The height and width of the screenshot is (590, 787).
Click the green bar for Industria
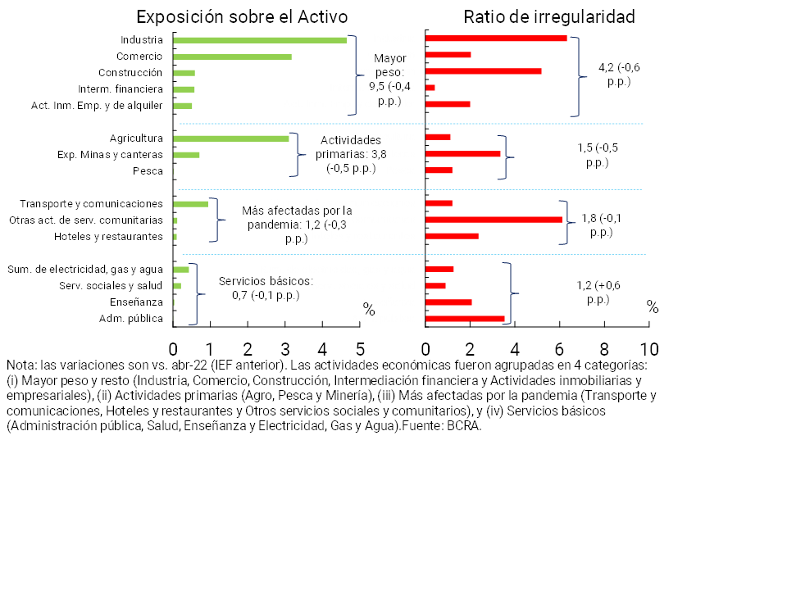coord(260,39)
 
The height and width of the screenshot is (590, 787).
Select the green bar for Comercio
coord(232,57)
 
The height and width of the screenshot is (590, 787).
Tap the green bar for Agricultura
coord(230,138)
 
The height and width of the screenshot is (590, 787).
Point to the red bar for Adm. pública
coord(465,318)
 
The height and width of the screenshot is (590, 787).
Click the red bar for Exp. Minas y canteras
coord(463,154)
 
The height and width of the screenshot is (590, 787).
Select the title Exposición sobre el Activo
coord(242,17)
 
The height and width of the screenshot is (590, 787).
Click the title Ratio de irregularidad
coord(549,17)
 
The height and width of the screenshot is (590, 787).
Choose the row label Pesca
coord(148,170)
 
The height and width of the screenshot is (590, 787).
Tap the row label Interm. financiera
coord(121,88)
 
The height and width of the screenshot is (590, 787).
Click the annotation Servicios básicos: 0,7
coord(266,288)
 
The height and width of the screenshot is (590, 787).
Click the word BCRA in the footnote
coord(465,426)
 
